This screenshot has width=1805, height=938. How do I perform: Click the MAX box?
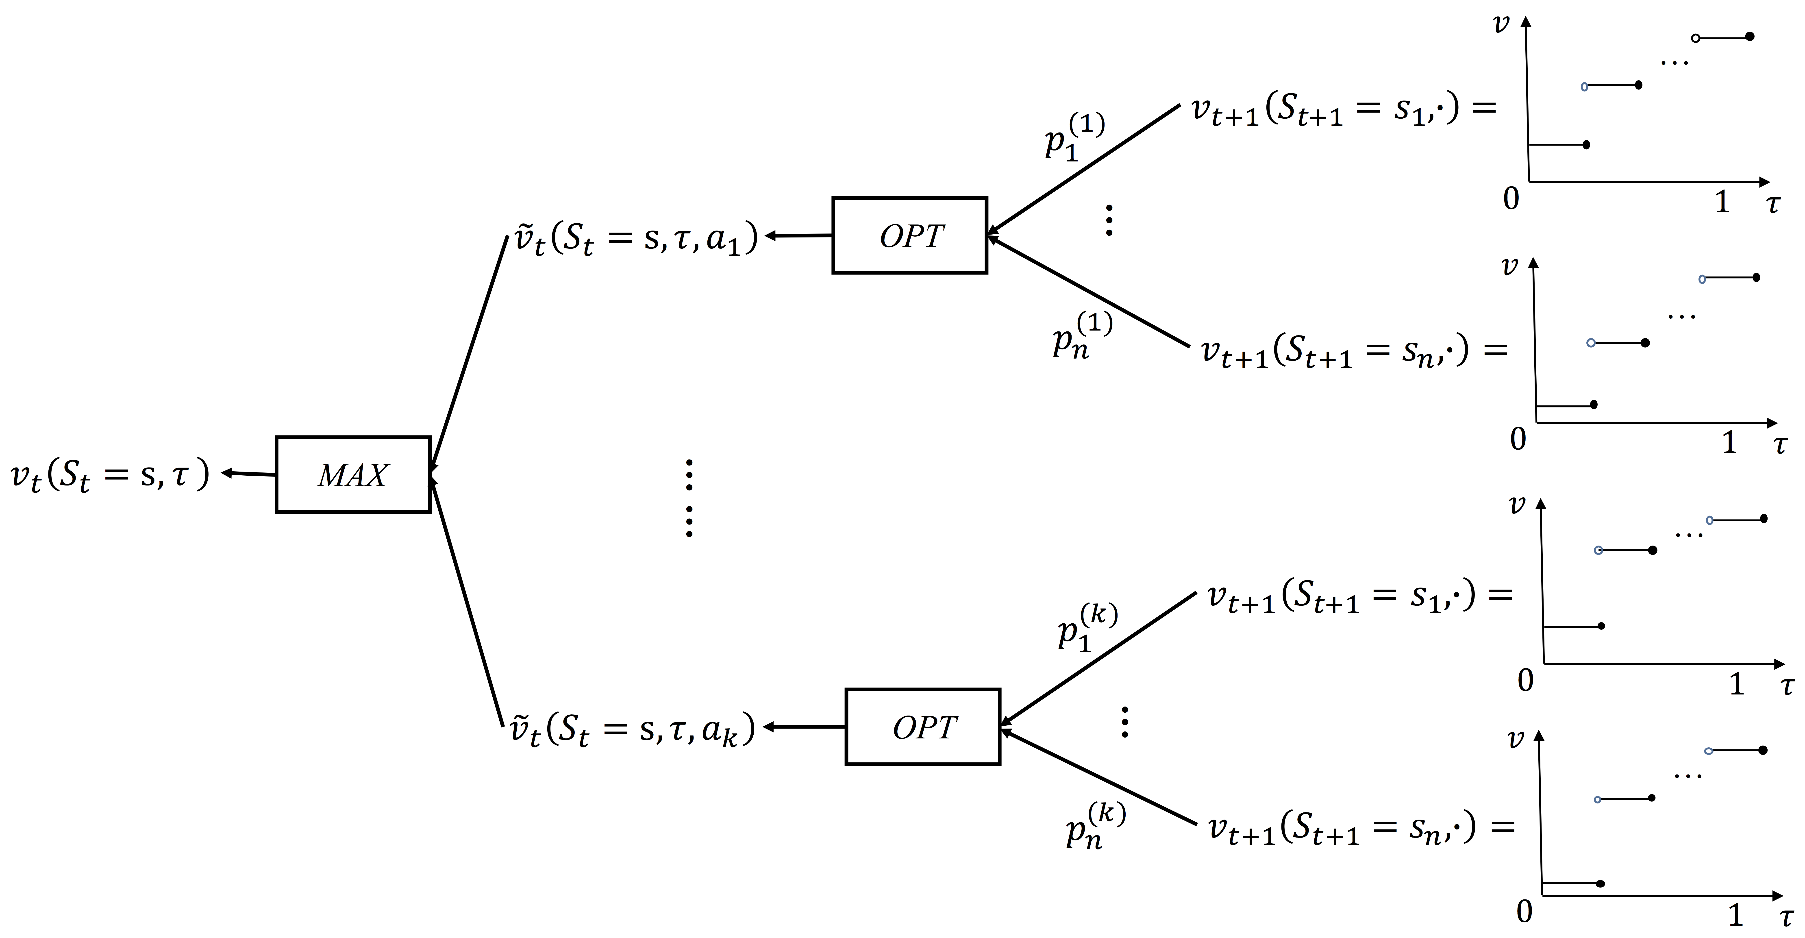coord(352,475)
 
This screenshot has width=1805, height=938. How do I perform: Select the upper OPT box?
coord(909,235)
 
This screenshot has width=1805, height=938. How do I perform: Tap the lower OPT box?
coord(923,727)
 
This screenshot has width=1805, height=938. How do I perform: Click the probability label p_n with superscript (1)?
coord(1081,335)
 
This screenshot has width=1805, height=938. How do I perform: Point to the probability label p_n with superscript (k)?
coord(1094,825)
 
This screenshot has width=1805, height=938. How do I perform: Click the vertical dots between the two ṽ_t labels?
coord(689,498)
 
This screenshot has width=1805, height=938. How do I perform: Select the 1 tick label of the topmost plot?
coord(1722,202)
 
